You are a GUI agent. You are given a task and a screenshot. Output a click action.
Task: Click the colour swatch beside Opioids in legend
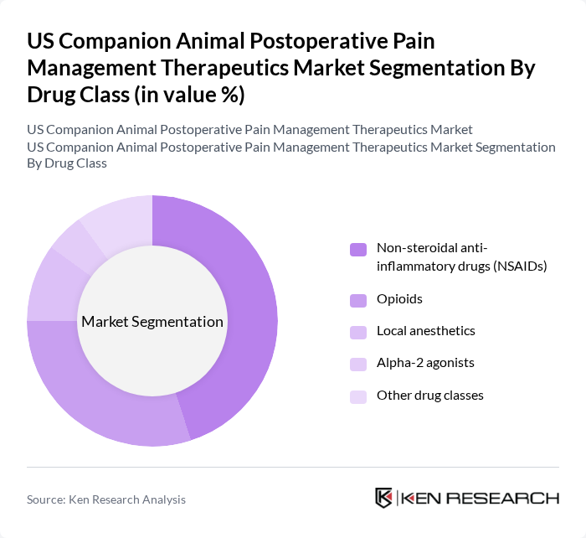pyautogui.click(x=357, y=299)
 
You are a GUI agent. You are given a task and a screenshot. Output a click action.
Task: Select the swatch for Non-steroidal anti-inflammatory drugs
pyautogui.click(x=357, y=249)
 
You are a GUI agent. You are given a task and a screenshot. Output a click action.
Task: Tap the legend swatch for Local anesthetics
pyautogui.click(x=357, y=331)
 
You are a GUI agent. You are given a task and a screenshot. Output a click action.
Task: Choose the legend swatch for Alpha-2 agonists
pyautogui.click(x=357, y=364)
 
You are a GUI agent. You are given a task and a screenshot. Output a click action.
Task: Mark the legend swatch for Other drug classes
pyautogui.click(x=357, y=396)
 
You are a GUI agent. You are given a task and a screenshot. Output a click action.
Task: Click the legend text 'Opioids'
pyautogui.click(x=399, y=299)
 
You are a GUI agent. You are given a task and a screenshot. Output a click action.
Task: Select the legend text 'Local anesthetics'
pyautogui.click(x=426, y=331)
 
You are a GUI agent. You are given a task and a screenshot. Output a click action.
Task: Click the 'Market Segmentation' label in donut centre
pyautogui.click(x=152, y=322)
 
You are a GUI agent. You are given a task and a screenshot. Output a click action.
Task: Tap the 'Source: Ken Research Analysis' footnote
pyautogui.click(x=106, y=499)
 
